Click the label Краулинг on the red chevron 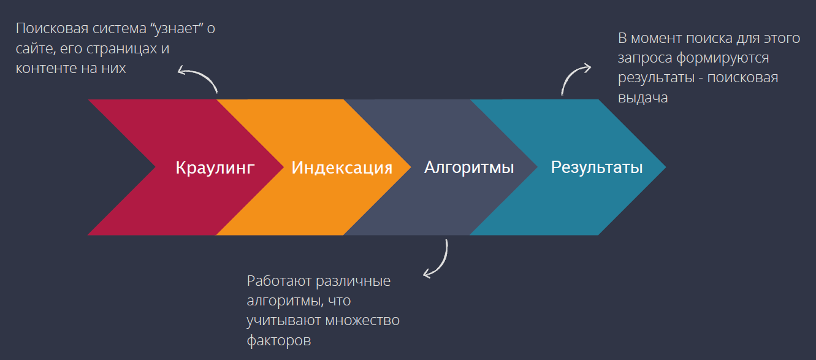pyautogui.click(x=215, y=168)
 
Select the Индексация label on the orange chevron pyautogui.click(x=341, y=168)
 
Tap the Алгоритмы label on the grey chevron pyautogui.click(x=469, y=167)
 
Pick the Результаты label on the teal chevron pyautogui.click(x=597, y=167)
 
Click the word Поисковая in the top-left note pyautogui.click(x=52, y=28)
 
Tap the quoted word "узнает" pyautogui.click(x=177, y=28)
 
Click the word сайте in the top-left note pyautogui.click(x=36, y=48)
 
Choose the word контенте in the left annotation pyautogui.click(x=46, y=68)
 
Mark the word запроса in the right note pyautogui.click(x=645, y=58)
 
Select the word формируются pyautogui.click(x=722, y=58)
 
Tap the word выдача pyautogui.click(x=643, y=98)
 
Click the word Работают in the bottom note pyautogui.click(x=279, y=281)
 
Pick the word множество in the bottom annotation pyautogui.click(x=362, y=321)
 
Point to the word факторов pyautogui.click(x=279, y=341)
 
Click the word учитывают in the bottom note pyautogui.click(x=284, y=321)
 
